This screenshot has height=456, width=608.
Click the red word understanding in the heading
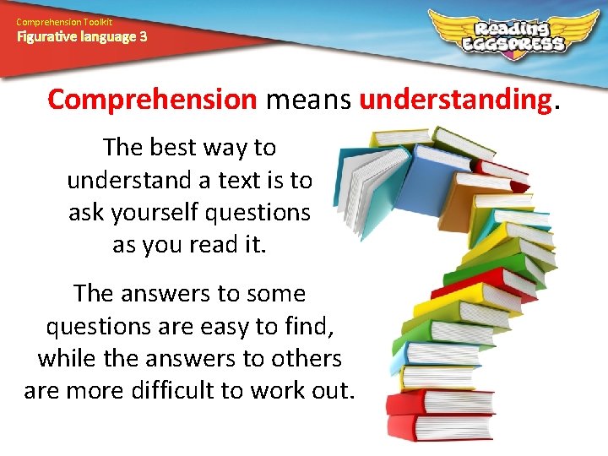point(454,100)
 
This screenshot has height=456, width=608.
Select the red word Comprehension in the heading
point(152,100)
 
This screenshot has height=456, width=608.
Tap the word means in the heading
point(307,100)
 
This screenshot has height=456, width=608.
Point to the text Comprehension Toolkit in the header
point(63,21)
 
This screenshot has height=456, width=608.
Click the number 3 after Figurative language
point(143,36)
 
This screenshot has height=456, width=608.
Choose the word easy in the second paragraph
point(228,326)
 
